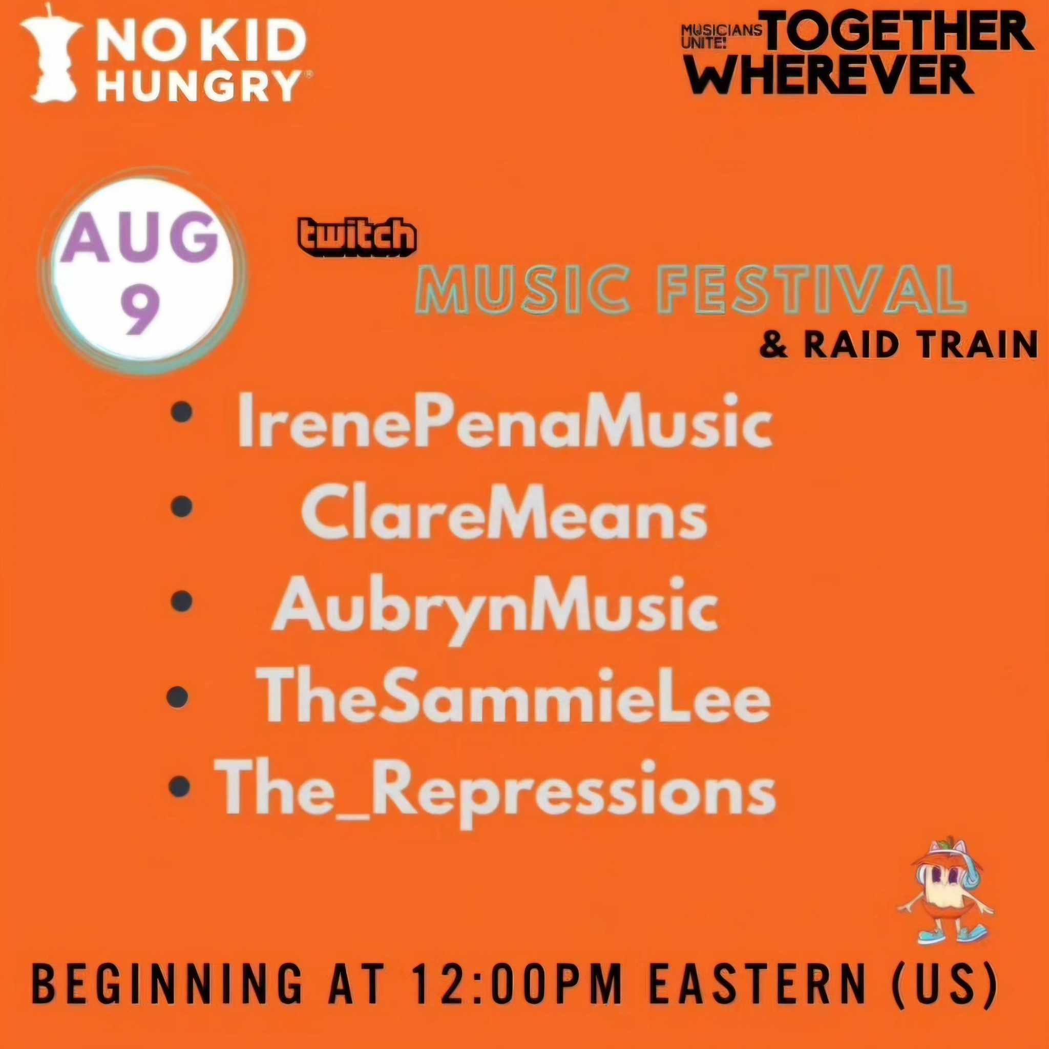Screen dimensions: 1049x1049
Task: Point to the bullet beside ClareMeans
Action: click(182, 507)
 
